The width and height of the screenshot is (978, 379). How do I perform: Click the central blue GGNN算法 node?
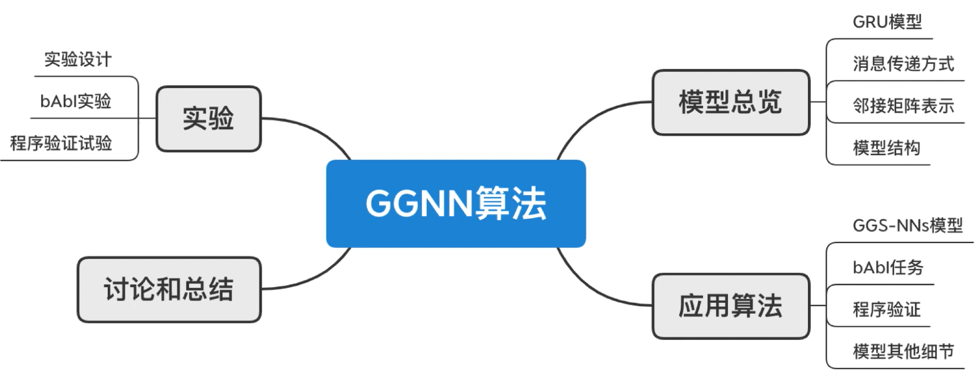click(x=456, y=203)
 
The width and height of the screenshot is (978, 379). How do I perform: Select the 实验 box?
click(x=208, y=118)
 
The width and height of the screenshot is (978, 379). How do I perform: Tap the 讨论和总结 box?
click(x=169, y=289)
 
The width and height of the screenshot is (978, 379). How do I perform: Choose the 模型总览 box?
click(x=730, y=102)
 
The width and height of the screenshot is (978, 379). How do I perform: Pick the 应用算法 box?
click(x=730, y=305)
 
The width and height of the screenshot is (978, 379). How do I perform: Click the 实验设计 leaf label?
click(x=77, y=59)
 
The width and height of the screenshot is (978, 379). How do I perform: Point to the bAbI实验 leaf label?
click(x=76, y=101)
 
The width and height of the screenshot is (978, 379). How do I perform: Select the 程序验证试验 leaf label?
click(x=61, y=144)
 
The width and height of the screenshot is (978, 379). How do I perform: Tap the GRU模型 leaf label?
click(x=887, y=22)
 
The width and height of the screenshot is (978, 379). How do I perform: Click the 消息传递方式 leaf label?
click(x=903, y=64)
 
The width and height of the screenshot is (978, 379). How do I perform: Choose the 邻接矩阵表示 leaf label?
click(x=903, y=106)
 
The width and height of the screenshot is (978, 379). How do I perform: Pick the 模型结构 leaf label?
click(x=886, y=148)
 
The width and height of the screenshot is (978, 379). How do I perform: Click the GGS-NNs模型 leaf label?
click(x=908, y=226)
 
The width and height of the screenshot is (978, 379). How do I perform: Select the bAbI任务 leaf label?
click(x=887, y=268)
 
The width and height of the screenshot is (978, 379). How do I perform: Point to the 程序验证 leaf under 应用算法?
click(x=886, y=309)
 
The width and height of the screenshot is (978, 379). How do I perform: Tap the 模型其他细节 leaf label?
click(x=903, y=351)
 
